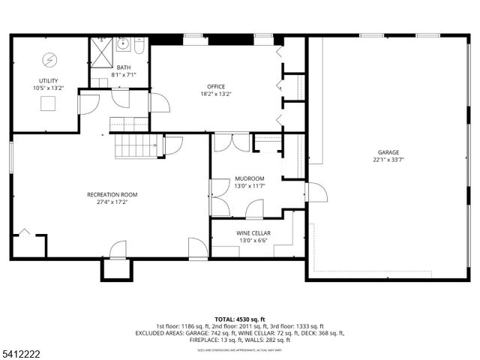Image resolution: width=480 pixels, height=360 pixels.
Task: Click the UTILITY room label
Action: click(x=49, y=80)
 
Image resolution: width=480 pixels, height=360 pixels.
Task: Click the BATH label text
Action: click(x=123, y=67)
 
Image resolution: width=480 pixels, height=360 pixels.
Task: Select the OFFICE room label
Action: click(x=216, y=86)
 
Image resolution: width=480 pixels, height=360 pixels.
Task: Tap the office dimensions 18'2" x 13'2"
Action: click(x=216, y=94)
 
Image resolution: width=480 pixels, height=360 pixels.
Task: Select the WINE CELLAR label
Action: click(x=253, y=233)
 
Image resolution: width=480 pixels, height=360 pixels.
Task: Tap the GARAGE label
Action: click(x=388, y=151)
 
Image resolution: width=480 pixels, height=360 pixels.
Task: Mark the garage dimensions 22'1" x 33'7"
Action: click(x=388, y=160)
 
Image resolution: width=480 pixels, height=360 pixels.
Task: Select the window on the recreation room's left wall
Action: click(x=11, y=160)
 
